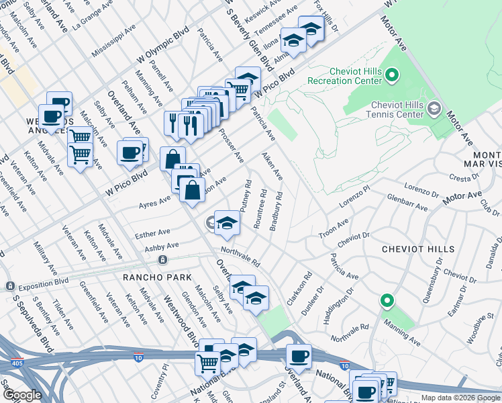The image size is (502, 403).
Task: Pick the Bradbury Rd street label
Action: point(276,212)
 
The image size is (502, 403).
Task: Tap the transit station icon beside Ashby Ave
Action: point(162,259)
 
